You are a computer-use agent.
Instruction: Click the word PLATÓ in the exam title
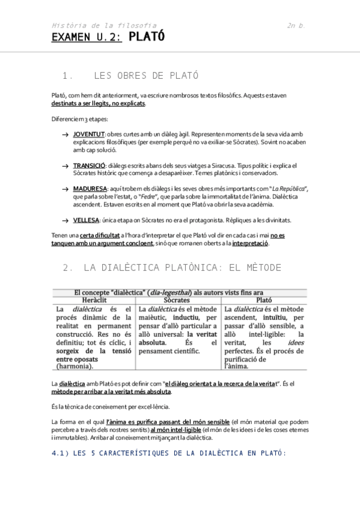147,37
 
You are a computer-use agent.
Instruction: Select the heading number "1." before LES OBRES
68,76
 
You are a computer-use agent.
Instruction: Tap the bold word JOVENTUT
89,133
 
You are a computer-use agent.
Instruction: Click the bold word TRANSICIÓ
90,165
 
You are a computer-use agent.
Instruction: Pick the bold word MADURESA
90,189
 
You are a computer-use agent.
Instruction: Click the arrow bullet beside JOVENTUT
65,134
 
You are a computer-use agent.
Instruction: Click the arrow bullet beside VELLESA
65,221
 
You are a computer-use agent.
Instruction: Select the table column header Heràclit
94,299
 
